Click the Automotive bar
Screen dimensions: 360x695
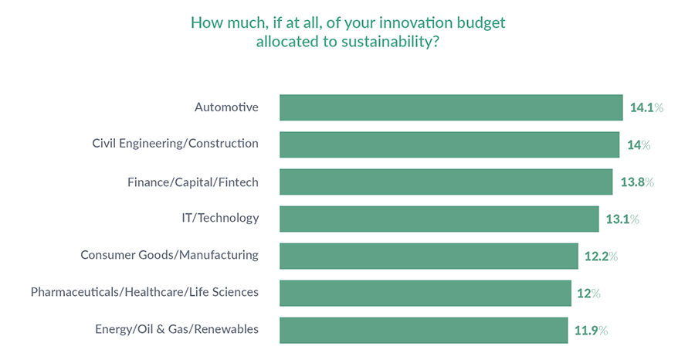[x=451, y=107]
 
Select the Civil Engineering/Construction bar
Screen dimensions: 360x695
[x=449, y=144]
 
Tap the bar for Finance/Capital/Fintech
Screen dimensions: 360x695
[x=446, y=182]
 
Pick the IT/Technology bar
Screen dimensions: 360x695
[x=439, y=219]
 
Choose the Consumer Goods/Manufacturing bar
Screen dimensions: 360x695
[x=429, y=256]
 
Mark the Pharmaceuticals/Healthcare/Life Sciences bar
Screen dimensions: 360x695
[x=425, y=293]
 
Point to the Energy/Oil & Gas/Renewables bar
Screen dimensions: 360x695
[x=423, y=330]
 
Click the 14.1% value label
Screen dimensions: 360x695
[x=646, y=108]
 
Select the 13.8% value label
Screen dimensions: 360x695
[x=637, y=182]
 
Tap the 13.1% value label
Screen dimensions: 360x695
[x=622, y=219]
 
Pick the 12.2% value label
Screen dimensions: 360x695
[x=602, y=256]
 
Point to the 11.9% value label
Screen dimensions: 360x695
[x=591, y=331]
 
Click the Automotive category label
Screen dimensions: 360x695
[x=226, y=107]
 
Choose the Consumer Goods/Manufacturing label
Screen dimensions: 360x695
[x=170, y=255]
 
